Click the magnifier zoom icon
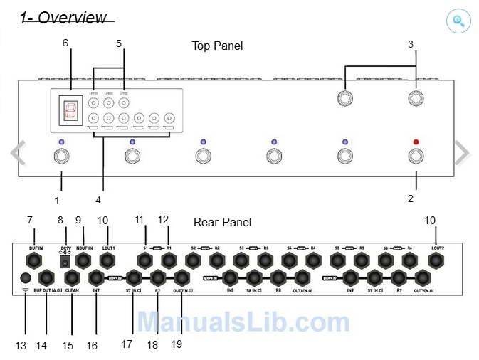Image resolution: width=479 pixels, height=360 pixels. [x=458, y=21]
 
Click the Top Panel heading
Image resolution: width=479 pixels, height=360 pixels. [x=217, y=46]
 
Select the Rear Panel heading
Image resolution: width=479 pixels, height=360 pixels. [x=222, y=222]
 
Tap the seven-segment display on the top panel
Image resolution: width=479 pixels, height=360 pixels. [x=70, y=111]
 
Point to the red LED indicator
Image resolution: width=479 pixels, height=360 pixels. [x=416, y=142]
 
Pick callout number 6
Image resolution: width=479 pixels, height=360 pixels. [x=65, y=43]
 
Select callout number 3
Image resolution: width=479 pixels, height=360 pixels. [x=411, y=44]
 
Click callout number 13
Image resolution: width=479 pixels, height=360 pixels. [x=21, y=346]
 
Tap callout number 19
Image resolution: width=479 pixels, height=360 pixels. [x=177, y=344]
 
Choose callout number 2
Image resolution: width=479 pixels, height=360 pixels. [x=411, y=198]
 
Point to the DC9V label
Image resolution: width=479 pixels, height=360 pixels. [x=66, y=247]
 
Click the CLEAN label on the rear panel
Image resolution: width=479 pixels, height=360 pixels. [x=72, y=290]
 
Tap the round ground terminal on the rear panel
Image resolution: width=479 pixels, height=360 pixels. [x=26, y=277]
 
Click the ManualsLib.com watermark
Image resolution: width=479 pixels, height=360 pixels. [x=243, y=322]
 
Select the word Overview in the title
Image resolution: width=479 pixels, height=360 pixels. [x=72, y=18]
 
